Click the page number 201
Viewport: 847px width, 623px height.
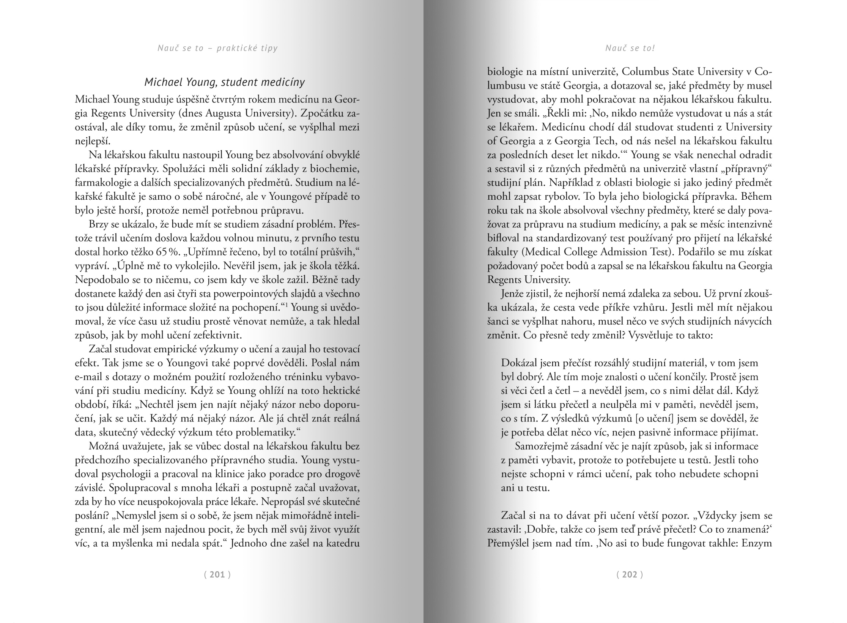(x=217, y=574)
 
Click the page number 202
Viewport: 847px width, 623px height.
(x=630, y=574)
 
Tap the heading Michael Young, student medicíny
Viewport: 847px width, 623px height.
(x=225, y=82)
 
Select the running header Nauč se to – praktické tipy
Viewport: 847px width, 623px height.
(x=217, y=48)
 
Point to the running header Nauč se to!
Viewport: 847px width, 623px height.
(x=630, y=48)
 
